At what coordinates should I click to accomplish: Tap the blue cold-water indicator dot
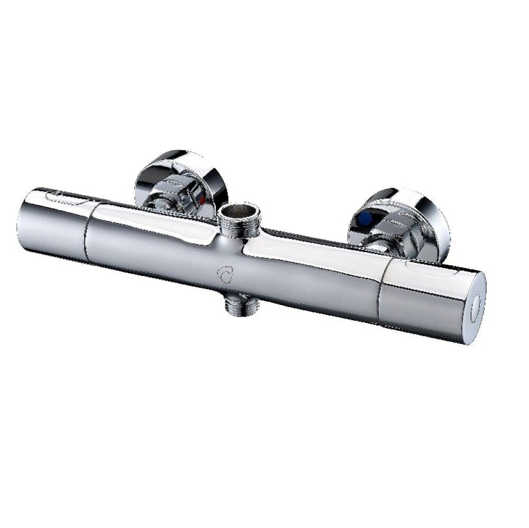coord(365,218)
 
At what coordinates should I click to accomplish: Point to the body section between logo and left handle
coord(153,248)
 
